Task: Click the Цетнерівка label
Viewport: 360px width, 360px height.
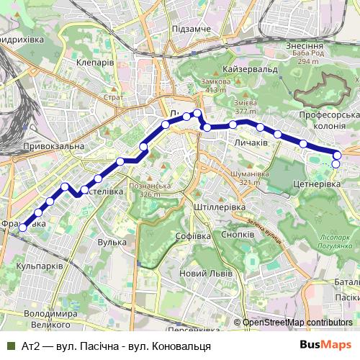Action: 317,185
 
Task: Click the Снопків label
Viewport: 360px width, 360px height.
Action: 238,235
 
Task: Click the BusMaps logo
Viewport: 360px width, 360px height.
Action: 325,345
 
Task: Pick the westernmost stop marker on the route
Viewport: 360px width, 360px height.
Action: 22,228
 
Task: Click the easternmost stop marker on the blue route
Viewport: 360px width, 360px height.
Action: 336,153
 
